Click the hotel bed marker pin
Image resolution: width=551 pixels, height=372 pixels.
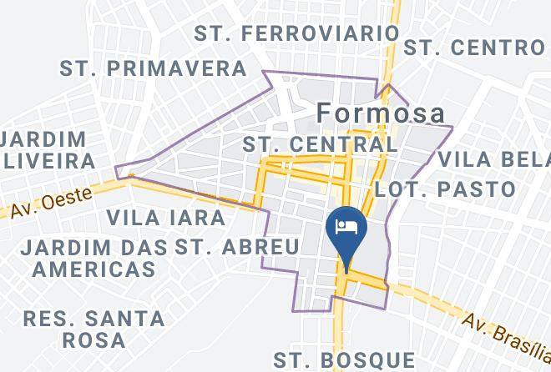346,234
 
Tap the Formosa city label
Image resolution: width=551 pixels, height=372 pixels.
380,113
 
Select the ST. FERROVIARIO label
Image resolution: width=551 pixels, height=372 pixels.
296,33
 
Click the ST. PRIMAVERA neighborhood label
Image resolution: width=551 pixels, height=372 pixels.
154,68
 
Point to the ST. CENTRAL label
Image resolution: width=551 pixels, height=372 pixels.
320,144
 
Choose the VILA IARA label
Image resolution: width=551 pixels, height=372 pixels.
166,219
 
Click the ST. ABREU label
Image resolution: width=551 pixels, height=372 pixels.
248,247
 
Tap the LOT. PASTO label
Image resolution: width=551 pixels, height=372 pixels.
446,189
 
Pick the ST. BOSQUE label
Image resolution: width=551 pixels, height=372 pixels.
345,360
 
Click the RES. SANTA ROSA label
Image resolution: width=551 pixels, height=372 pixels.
94,329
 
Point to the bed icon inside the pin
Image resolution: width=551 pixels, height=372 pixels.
346,226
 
